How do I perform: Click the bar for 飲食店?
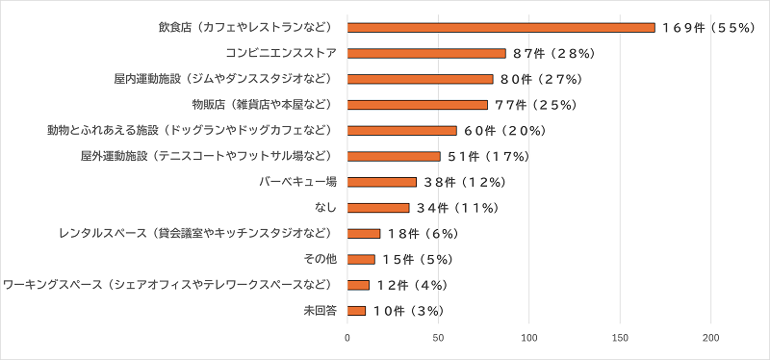click(x=500, y=28)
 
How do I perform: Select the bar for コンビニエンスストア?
click(x=425, y=53)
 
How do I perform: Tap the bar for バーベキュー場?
click(x=381, y=182)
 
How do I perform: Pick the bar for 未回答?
click(x=356, y=311)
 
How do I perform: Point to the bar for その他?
click(x=361, y=259)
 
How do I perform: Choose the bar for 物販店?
click(x=417, y=105)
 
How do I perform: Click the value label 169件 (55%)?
click(x=706, y=28)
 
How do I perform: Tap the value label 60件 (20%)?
click(x=505, y=131)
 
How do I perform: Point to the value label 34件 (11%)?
click(x=460, y=208)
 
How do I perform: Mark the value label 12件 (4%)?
click(x=413, y=285)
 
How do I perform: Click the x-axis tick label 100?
click(x=529, y=338)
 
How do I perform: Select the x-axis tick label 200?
click(x=711, y=338)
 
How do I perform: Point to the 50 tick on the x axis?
click(x=438, y=338)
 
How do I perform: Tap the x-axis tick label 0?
click(x=347, y=338)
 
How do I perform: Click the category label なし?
click(x=324, y=208)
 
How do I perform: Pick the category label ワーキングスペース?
click(x=170, y=285)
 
